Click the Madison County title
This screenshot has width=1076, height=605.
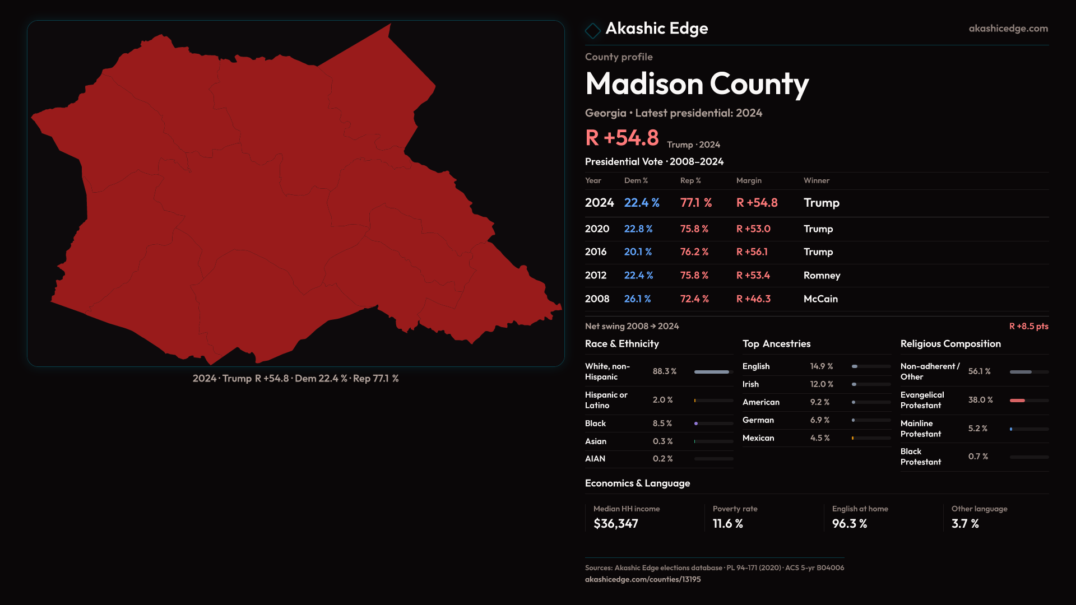pos(697,84)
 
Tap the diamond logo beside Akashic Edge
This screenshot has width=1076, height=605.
pos(592,30)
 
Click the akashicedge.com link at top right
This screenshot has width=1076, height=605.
pos(1008,29)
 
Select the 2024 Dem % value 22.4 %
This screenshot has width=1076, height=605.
pos(642,203)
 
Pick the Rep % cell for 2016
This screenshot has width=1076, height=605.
pos(694,252)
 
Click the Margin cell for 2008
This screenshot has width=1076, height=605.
pos(753,299)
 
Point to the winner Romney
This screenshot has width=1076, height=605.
pos(822,276)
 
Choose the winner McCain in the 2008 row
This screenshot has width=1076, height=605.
pos(820,299)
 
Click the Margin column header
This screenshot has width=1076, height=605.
pos(749,180)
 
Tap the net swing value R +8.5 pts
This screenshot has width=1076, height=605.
pos(1028,326)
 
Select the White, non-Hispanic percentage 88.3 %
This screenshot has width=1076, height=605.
pos(665,371)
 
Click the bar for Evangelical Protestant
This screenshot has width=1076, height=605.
pos(1029,401)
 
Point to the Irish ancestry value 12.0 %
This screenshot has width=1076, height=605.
pos(822,384)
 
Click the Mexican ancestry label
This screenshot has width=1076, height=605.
pos(758,438)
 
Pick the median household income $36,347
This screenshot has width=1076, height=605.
pos(615,524)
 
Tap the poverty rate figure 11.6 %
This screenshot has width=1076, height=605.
pos(727,524)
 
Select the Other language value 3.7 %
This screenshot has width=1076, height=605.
pos(965,524)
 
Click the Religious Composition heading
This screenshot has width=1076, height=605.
pos(950,344)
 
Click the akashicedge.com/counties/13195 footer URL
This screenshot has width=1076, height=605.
pos(643,579)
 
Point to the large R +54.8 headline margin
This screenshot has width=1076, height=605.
pos(622,138)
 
